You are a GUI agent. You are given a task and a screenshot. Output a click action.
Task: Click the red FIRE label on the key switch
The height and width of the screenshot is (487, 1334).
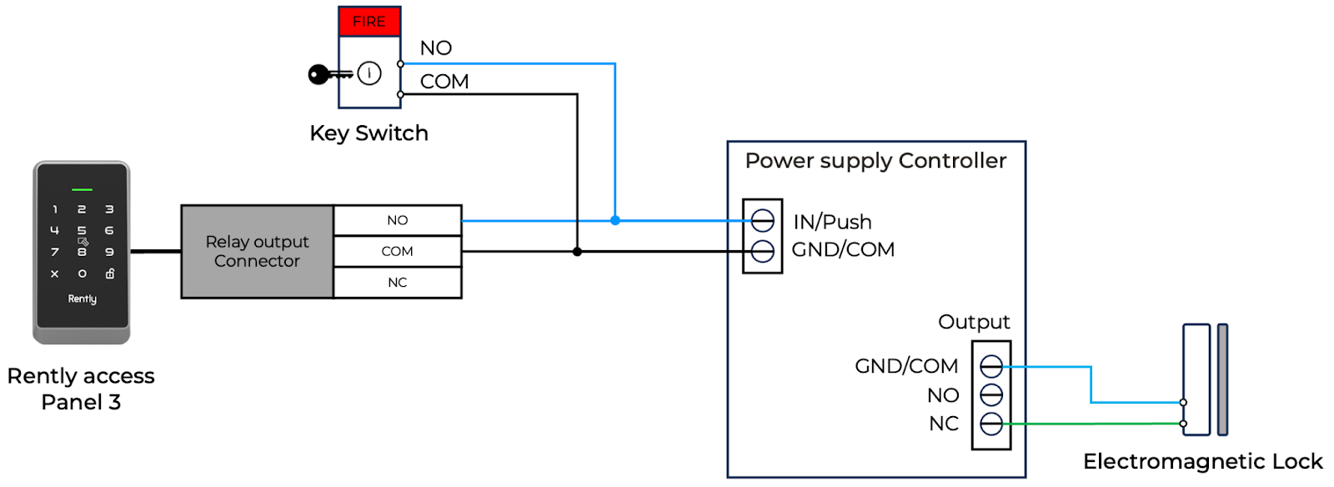coord(369,22)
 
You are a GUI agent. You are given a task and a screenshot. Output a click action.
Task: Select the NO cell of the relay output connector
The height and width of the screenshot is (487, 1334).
coord(398,220)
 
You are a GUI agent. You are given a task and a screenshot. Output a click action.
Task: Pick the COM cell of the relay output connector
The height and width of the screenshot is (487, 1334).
coord(398,251)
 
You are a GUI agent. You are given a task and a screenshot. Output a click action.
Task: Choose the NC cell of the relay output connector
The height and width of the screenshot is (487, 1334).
coord(398,283)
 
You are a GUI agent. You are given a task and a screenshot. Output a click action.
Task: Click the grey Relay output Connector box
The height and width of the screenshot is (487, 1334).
coord(257,251)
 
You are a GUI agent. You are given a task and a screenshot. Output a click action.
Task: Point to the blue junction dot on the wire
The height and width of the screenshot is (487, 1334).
coord(615,220)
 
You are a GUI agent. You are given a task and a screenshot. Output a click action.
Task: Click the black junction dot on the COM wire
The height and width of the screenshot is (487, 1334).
coord(577,251)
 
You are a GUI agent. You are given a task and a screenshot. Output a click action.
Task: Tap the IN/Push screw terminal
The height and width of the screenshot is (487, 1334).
coord(763,220)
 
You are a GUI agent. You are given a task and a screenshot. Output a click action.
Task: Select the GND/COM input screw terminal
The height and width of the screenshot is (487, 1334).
coord(763,251)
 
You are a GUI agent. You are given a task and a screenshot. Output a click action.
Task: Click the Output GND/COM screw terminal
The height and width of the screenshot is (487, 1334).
coord(991,366)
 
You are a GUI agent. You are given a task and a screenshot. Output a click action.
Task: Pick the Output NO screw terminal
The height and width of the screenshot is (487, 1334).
coord(991,394)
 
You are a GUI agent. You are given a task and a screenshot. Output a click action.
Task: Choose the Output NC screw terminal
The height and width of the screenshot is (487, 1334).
coord(991,424)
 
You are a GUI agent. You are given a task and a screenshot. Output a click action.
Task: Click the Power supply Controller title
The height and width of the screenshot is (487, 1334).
coord(875,161)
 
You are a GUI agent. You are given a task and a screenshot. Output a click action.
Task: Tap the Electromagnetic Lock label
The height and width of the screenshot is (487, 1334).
coord(1202,461)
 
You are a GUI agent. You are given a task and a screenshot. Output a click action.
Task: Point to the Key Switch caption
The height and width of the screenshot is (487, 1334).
coord(369,133)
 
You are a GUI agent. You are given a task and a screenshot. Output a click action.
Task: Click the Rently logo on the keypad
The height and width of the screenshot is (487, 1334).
coord(82,299)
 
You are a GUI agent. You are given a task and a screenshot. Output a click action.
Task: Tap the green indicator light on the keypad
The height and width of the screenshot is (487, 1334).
coord(82,190)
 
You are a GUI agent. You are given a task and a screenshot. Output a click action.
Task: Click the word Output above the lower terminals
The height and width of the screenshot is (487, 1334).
coord(974,322)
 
